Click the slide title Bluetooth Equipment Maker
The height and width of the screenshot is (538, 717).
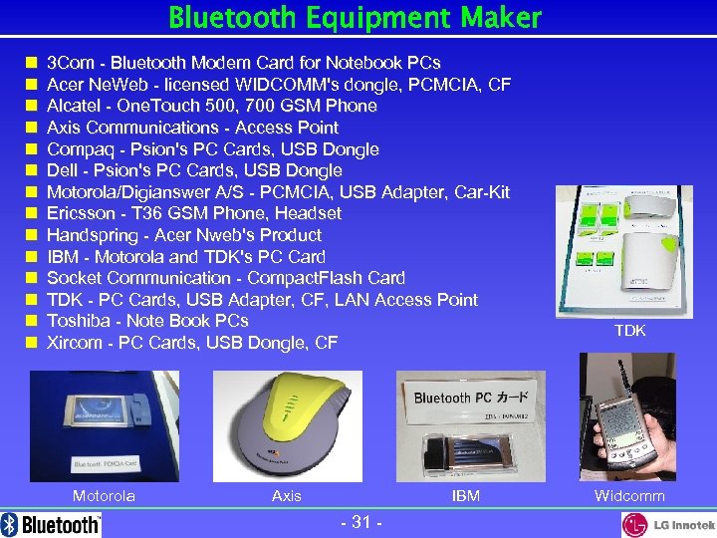[x=356, y=18]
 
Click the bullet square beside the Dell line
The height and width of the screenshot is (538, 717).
[x=32, y=171]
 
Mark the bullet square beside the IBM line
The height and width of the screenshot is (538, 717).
[x=32, y=257]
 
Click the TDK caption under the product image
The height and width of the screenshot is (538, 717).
[x=629, y=331]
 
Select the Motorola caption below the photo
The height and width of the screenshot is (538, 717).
[x=104, y=496]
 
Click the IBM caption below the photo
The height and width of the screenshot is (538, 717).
[x=465, y=496]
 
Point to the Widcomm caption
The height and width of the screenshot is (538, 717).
[x=629, y=496]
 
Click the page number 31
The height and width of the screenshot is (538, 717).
[x=361, y=522]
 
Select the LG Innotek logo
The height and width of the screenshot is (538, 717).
[x=668, y=524]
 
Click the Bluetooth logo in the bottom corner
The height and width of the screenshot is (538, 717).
[x=52, y=524]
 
